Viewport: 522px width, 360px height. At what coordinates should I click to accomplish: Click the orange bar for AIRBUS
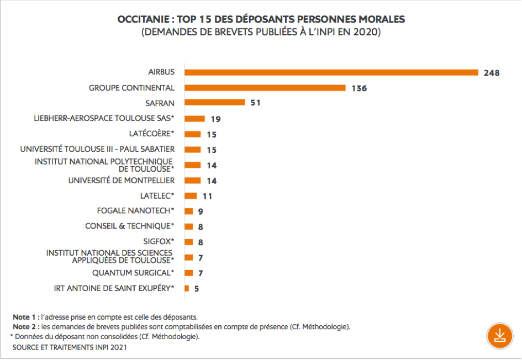[331, 72]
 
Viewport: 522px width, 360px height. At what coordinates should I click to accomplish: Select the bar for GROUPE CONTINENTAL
[265, 88]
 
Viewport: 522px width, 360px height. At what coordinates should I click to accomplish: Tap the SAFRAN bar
[214, 102]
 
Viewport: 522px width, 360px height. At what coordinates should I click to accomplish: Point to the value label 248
[491, 73]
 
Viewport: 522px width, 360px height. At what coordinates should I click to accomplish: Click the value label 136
[359, 88]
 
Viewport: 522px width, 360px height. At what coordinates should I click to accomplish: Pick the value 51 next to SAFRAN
[255, 103]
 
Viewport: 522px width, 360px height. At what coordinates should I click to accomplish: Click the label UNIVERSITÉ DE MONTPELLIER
[122, 181]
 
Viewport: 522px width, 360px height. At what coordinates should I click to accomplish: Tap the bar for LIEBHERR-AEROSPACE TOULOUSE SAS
[194, 118]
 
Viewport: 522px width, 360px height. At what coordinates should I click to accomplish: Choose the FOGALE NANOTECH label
[136, 210]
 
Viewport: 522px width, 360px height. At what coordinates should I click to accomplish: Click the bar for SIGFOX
[188, 242]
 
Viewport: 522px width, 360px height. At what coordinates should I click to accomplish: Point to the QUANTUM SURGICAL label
[133, 272]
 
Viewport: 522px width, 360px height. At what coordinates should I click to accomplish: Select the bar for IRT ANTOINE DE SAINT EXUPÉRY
[187, 288]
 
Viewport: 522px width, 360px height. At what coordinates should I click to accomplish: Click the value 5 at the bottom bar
[196, 288]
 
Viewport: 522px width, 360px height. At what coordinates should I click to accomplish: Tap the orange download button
[499, 335]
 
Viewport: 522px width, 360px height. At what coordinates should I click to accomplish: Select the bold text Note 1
[24, 317]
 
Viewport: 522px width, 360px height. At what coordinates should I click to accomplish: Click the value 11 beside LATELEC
[207, 196]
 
